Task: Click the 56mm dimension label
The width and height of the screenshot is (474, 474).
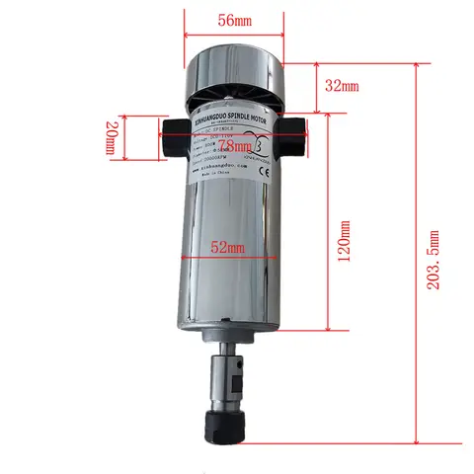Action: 233,19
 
